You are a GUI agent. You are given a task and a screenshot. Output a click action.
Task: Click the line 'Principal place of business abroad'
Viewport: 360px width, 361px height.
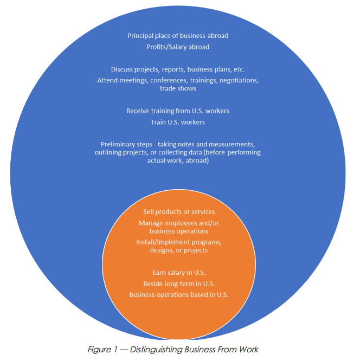[178, 36]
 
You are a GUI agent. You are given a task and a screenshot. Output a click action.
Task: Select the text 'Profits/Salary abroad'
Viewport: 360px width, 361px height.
[178, 47]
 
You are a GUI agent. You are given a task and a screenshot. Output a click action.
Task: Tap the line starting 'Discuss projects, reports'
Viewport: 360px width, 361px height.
[178, 69]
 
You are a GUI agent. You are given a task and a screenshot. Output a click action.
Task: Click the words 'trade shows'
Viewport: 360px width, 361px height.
[178, 88]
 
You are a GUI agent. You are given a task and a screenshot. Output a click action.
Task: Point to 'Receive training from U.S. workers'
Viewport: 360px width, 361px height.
[178, 111]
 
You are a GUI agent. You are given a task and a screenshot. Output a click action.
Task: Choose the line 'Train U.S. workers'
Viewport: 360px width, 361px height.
[178, 122]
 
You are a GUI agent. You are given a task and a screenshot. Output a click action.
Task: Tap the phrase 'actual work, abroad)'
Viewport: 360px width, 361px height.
[178, 160]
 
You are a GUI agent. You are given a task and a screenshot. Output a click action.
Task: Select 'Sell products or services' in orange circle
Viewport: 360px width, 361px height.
[179, 212]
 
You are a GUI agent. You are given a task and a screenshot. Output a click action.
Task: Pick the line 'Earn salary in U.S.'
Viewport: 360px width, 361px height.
[179, 273]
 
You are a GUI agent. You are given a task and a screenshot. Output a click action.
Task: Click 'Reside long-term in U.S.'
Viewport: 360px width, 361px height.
[179, 284]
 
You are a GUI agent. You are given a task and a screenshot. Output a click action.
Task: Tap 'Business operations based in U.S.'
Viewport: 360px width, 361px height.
[179, 295]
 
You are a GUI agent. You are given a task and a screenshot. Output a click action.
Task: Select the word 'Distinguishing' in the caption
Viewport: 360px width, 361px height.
[156, 350]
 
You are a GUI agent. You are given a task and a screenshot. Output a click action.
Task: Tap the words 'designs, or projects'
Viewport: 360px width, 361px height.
[179, 250]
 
